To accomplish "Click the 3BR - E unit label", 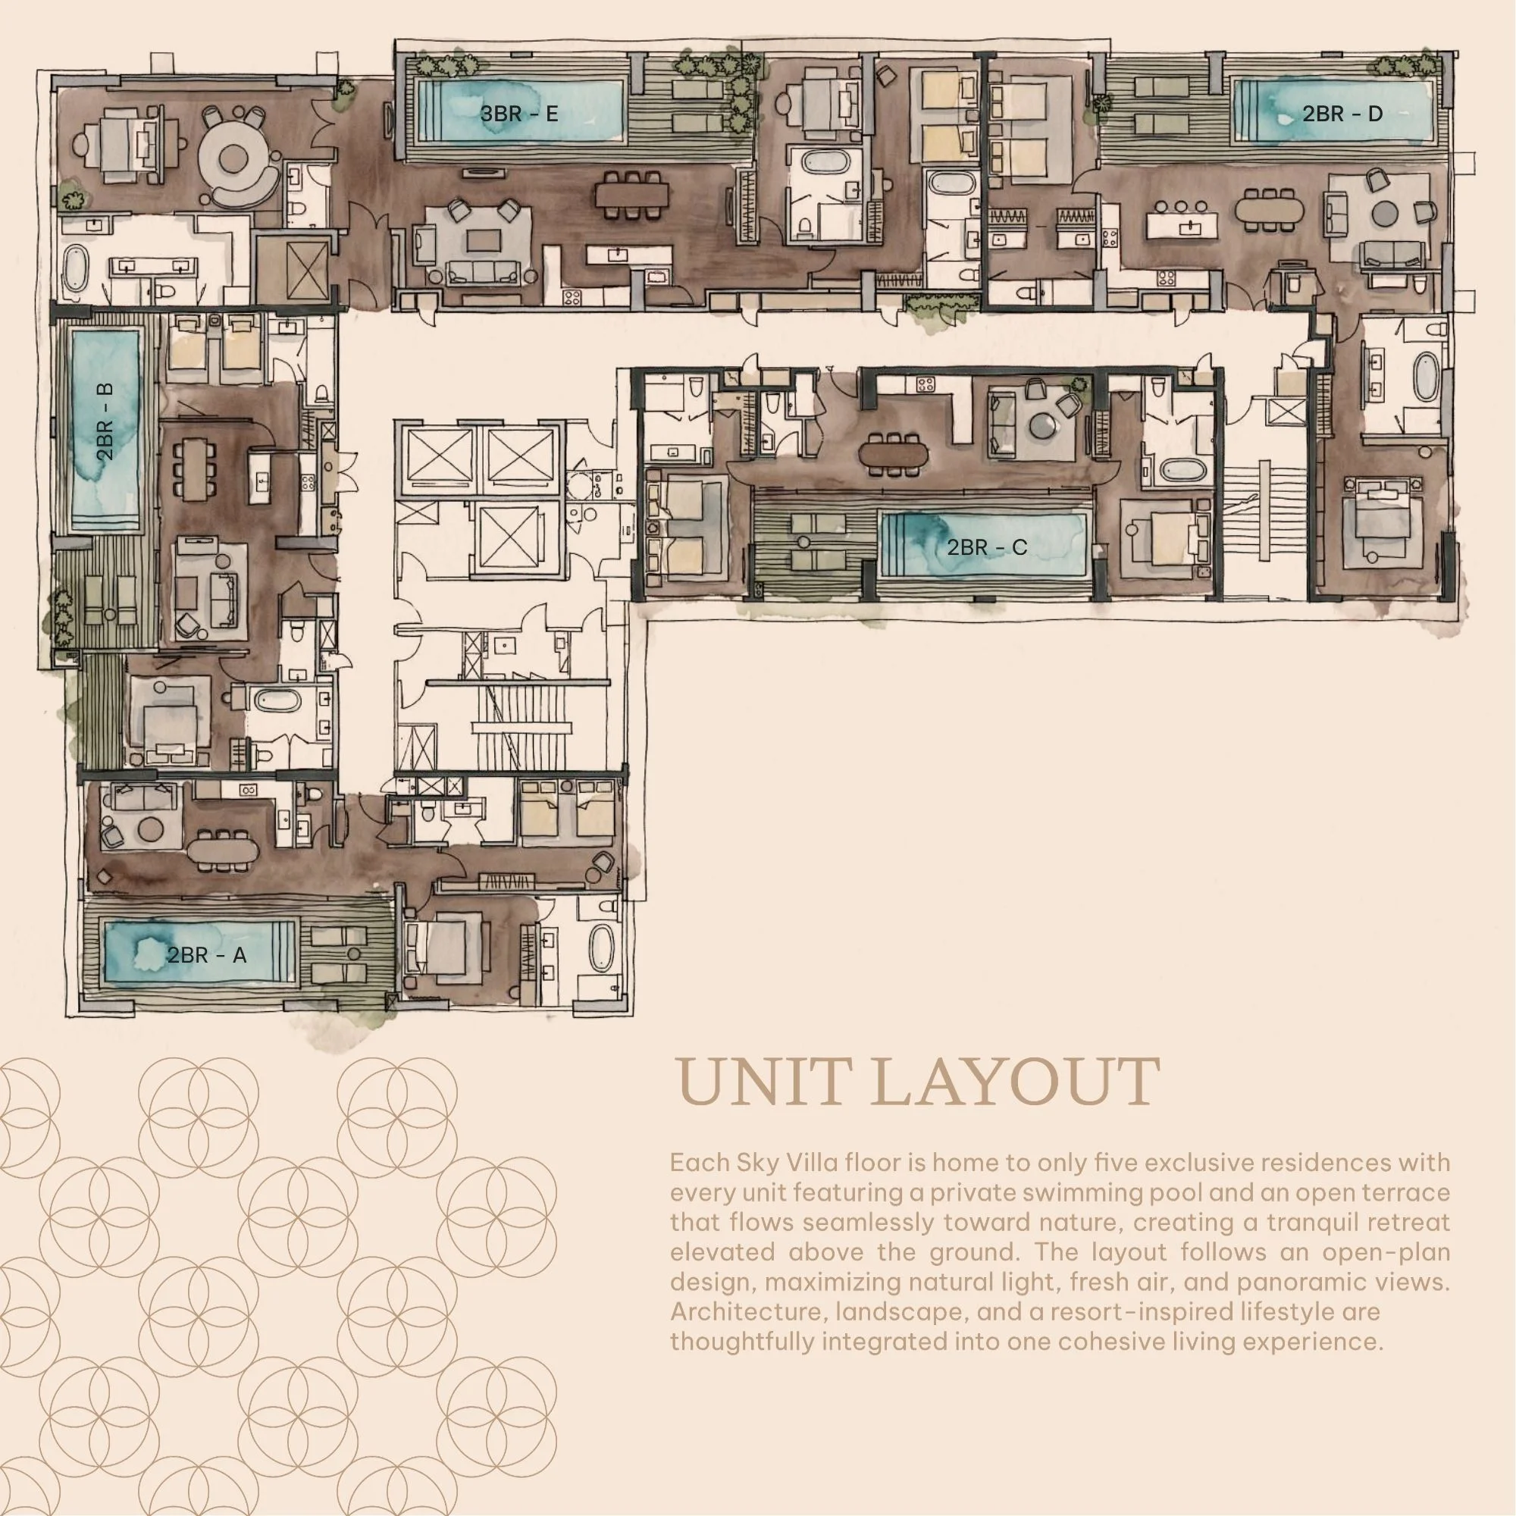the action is click(x=518, y=114).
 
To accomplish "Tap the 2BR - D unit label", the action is click(x=1342, y=114).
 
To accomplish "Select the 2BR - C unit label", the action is click(x=987, y=547).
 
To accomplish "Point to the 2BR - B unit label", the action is click(x=105, y=421).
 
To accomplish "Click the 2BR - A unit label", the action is click(x=206, y=955).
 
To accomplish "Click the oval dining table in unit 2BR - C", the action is click(x=893, y=454).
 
